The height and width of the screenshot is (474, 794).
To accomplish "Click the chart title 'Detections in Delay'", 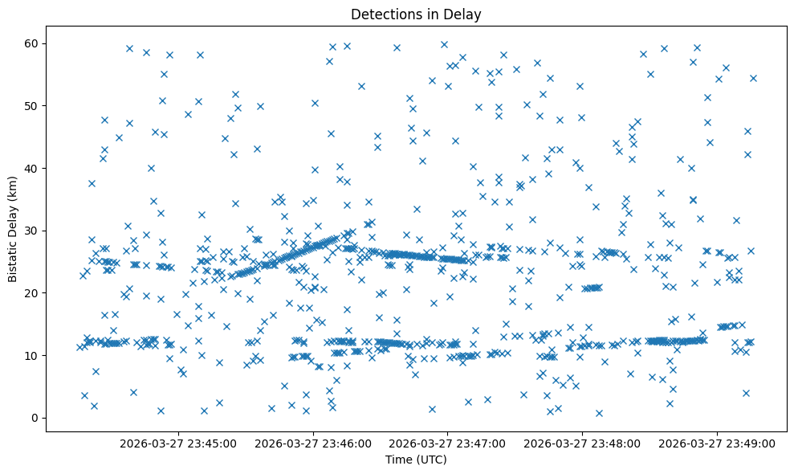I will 416,14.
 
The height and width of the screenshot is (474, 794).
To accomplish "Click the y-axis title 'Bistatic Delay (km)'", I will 13,230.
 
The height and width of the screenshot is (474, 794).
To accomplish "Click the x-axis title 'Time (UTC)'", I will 416,460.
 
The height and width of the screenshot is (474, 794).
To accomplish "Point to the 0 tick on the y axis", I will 35,418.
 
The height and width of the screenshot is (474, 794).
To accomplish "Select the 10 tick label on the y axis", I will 32,355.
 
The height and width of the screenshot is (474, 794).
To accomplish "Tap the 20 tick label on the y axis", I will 32,292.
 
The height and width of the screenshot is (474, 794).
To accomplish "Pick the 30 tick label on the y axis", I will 32,231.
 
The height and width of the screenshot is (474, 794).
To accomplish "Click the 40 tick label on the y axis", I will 32,168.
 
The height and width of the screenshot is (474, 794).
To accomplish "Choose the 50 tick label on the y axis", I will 32,105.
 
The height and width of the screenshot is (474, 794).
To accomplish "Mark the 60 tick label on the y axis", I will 32,43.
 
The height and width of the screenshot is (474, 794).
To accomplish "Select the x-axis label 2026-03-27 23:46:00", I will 314,443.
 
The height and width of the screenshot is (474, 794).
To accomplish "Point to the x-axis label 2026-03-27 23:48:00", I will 583,443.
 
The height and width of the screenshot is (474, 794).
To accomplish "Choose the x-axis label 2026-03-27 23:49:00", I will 718,443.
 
